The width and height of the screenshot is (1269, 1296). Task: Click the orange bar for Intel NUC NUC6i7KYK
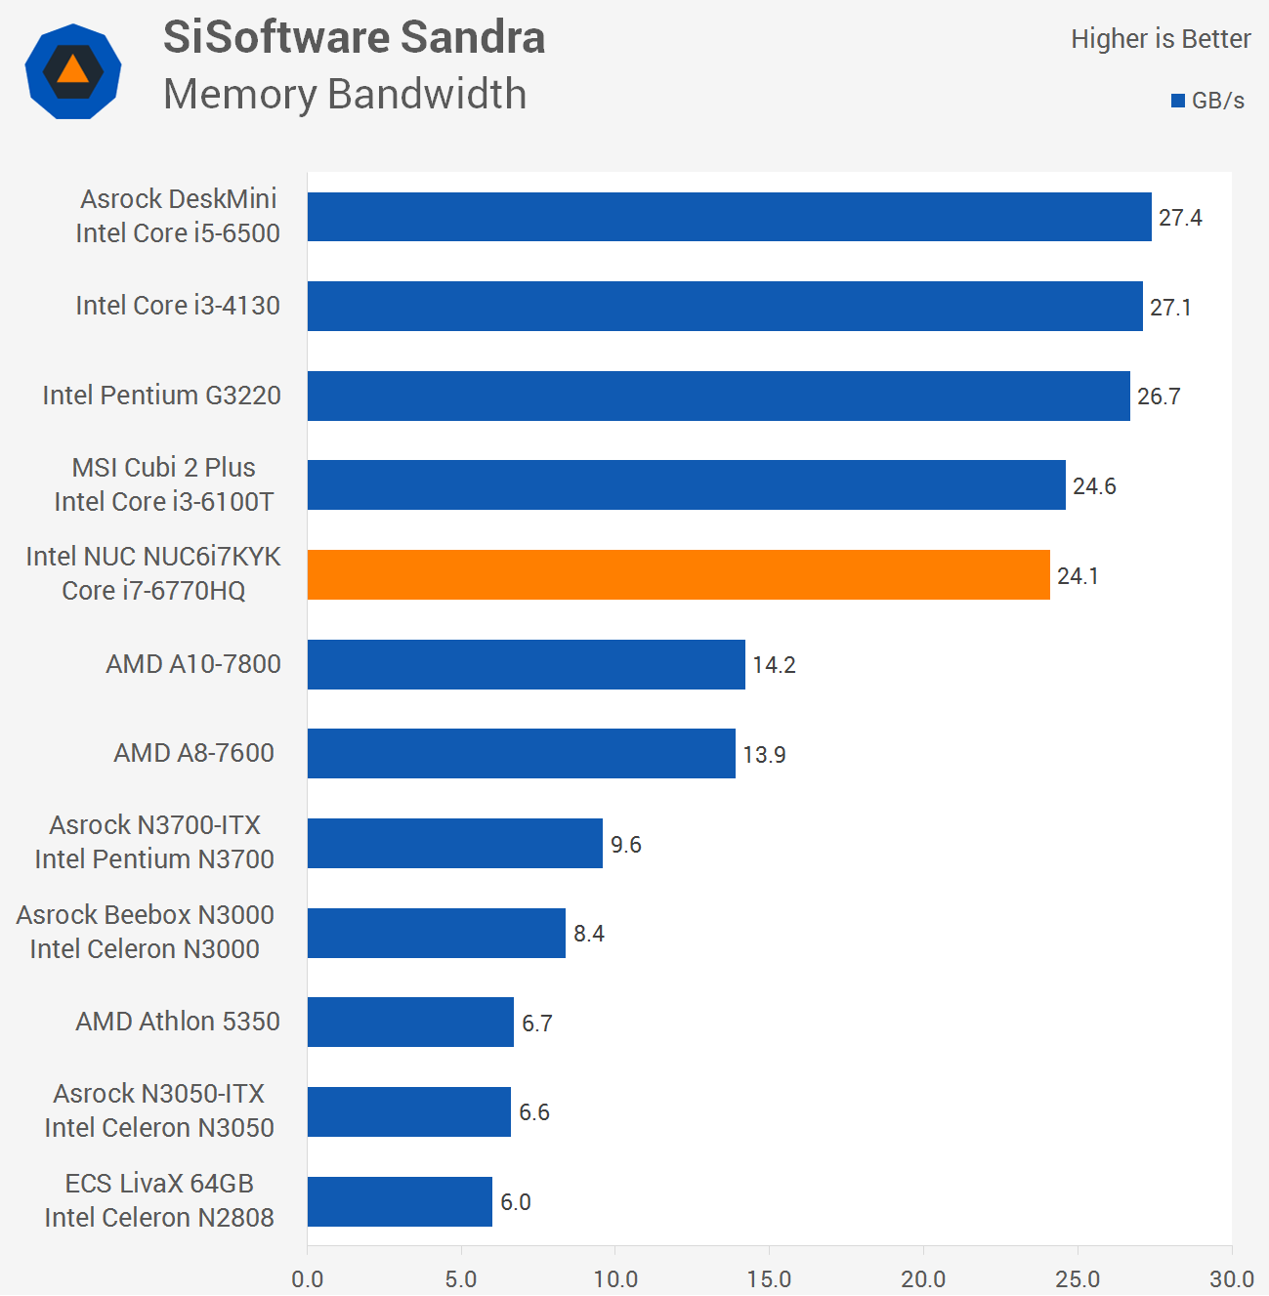click(x=678, y=574)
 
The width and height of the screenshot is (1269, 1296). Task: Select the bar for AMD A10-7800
click(x=526, y=664)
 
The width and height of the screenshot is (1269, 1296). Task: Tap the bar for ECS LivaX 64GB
click(x=400, y=1201)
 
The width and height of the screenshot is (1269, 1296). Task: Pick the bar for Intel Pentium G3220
click(x=718, y=396)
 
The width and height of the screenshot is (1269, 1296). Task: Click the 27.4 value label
click(x=1180, y=218)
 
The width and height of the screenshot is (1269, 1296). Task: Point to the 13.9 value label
click(x=764, y=755)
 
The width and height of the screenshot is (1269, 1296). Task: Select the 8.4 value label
click(x=589, y=934)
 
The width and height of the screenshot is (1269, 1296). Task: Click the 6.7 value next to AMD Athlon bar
click(x=537, y=1024)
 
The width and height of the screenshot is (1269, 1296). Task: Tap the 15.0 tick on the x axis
click(x=769, y=1278)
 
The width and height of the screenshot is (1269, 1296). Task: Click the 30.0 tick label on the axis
click(x=1231, y=1278)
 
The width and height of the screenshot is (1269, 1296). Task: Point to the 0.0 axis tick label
click(x=308, y=1278)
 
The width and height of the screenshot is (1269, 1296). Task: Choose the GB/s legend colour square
click(x=1178, y=101)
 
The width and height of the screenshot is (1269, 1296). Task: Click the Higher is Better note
click(x=1161, y=39)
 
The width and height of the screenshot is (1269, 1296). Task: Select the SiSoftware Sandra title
click(x=354, y=37)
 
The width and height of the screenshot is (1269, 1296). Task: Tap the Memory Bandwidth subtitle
click(x=345, y=95)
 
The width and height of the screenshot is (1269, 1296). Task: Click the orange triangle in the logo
click(x=72, y=69)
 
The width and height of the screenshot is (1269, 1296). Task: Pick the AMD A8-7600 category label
click(x=193, y=753)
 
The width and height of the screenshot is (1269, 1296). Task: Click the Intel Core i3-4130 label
click(x=178, y=306)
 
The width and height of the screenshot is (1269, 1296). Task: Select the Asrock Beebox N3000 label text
click(x=145, y=915)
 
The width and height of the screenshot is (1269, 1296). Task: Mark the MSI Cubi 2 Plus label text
click(x=163, y=468)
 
